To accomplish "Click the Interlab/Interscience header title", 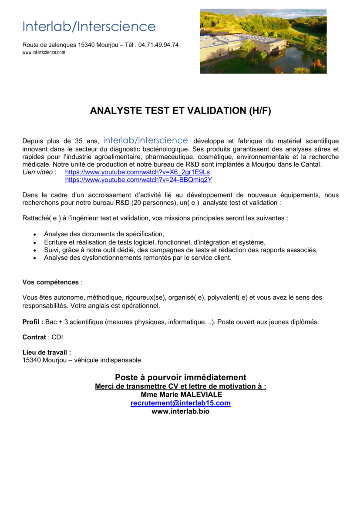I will [x=89, y=27].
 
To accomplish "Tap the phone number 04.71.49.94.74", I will [x=158, y=45].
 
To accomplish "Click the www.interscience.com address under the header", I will [x=44, y=52].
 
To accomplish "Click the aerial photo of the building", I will [x=263, y=41].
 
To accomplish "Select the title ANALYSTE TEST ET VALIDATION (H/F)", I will [x=180, y=111].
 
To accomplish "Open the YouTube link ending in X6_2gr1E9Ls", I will [x=138, y=172].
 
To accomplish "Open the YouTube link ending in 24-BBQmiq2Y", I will [x=138, y=180].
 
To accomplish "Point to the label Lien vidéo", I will [x=37, y=172].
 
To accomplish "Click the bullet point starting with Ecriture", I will [x=155, y=242].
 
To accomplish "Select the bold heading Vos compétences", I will [x=50, y=282].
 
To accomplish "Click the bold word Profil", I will [x=32, y=322].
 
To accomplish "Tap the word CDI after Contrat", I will [x=57, y=337].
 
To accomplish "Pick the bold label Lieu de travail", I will [x=47, y=352].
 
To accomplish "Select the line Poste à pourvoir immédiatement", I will [x=180, y=377].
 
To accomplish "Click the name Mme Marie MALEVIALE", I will [x=181, y=395].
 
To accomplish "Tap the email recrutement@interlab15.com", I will [x=180, y=403].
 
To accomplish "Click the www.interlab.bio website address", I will [x=180, y=411].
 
